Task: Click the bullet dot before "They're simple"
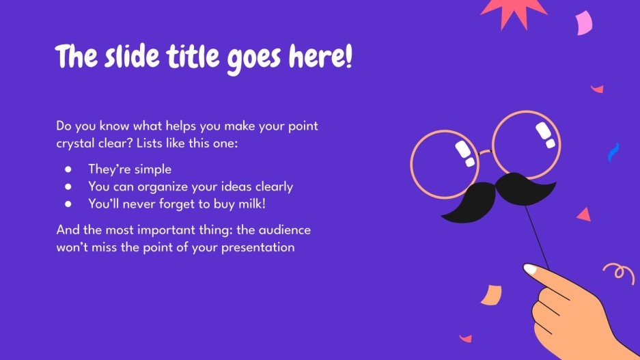(x=68, y=169)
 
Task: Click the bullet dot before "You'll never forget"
(x=68, y=203)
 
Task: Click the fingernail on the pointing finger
(x=531, y=270)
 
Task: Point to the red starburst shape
(x=514, y=10)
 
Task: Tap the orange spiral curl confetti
(x=619, y=273)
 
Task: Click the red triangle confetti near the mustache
(x=583, y=215)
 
